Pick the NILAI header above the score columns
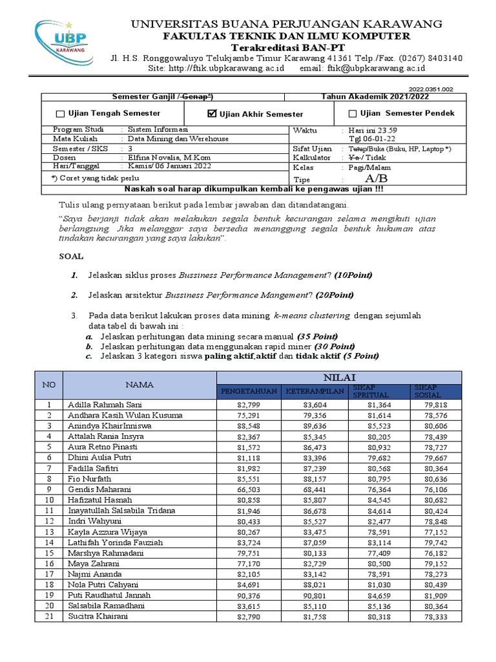click(x=339, y=378)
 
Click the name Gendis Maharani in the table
click(x=98, y=489)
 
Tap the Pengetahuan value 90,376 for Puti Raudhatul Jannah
click(x=263, y=595)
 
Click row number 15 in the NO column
click(x=48, y=553)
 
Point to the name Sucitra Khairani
click(x=98, y=616)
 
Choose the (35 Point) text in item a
click(x=317, y=337)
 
